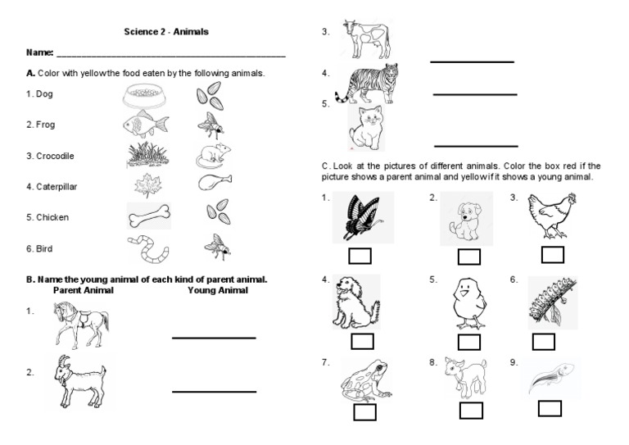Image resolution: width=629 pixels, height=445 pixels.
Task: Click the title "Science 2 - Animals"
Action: pyautogui.click(x=165, y=32)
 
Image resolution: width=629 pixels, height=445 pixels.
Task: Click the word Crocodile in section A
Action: pyautogui.click(x=50, y=156)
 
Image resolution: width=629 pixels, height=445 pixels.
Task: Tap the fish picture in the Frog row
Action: pyautogui.click(x=147, y=124)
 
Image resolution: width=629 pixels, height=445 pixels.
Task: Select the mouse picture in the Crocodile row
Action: pyautogui.click(x=213, y=155)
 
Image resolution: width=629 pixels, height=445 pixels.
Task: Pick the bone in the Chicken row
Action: pyautogui.click(x=148, y=216)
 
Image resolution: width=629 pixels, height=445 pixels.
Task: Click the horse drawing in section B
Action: pyautogui.click(x=79, y=325)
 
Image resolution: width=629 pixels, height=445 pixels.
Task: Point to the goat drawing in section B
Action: pyautogui.click(x=81, y=381)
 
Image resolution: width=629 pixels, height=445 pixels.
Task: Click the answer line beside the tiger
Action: pyautogui.click(x=475, y=95)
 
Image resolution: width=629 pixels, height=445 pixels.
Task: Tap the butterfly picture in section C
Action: pyautogui.click(x=360, y=216)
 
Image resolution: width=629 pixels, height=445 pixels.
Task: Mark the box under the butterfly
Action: pyautogui.click(x=360, y=256)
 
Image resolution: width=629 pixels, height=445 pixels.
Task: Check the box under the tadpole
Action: pyautogui.click(x=550, y=408)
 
